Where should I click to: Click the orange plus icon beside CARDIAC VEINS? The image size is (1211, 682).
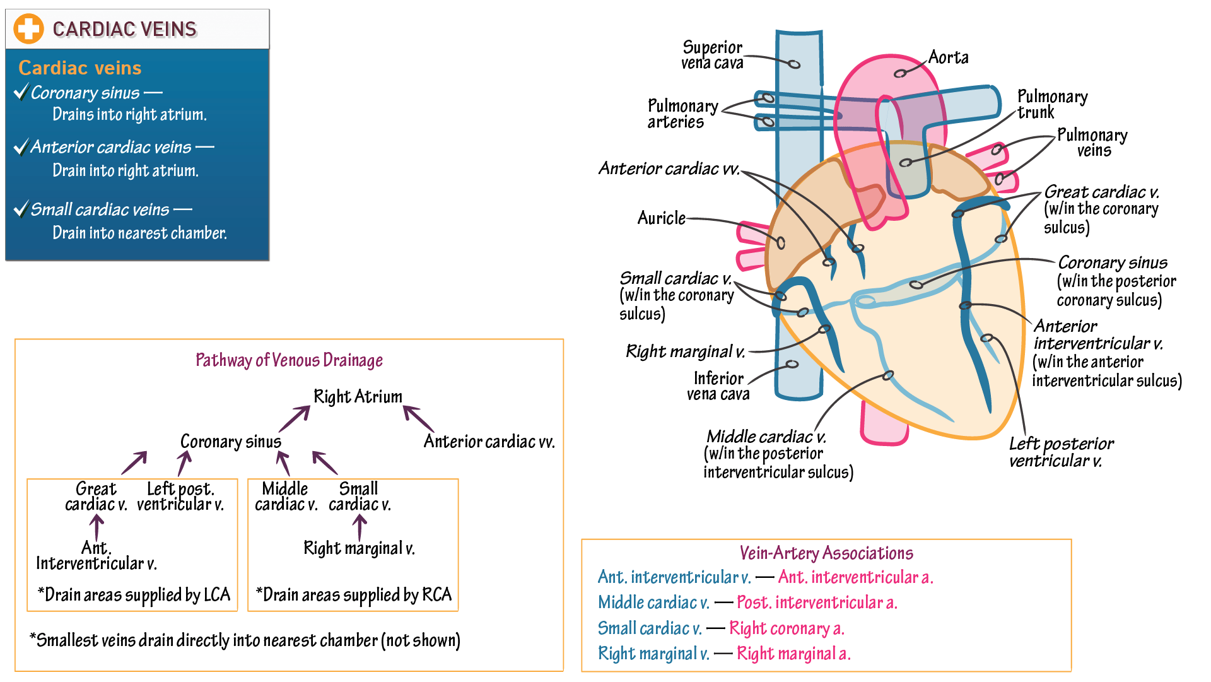click(28, 29)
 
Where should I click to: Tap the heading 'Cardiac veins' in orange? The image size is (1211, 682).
click(80, 68)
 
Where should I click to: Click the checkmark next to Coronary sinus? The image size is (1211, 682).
click(21, 92)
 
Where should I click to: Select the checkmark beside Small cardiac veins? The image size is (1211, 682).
click(21, 209)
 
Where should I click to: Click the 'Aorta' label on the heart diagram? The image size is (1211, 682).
click(948, 57)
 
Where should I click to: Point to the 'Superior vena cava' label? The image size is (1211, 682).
click(712, 55)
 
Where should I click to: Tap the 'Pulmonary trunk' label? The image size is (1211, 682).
click(1051, 104)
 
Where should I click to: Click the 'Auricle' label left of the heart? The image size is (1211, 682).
click(661, 218)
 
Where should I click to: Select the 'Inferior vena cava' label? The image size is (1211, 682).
click(718, 386)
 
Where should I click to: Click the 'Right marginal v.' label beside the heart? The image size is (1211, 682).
click(685, 351)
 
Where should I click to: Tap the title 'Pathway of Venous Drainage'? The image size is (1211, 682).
click(289, 360)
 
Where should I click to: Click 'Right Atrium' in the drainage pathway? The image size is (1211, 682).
click(358, 396)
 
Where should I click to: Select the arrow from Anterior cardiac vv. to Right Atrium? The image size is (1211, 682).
click(418, 419)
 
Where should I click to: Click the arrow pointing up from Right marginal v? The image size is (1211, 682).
click(360, 527)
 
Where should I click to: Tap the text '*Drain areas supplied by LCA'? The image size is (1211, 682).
click(134, 594)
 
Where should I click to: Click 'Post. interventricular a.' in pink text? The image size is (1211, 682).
click(816, 603)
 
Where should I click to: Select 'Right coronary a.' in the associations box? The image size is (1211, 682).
click(786, 628)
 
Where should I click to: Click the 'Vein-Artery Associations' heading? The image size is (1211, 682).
click(826, 553)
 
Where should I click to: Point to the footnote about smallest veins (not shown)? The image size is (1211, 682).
click(245, 640)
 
